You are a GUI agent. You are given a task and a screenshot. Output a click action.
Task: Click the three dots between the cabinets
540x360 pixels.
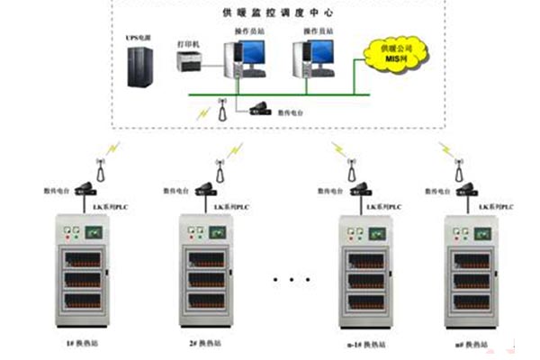[x=288, y=280]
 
